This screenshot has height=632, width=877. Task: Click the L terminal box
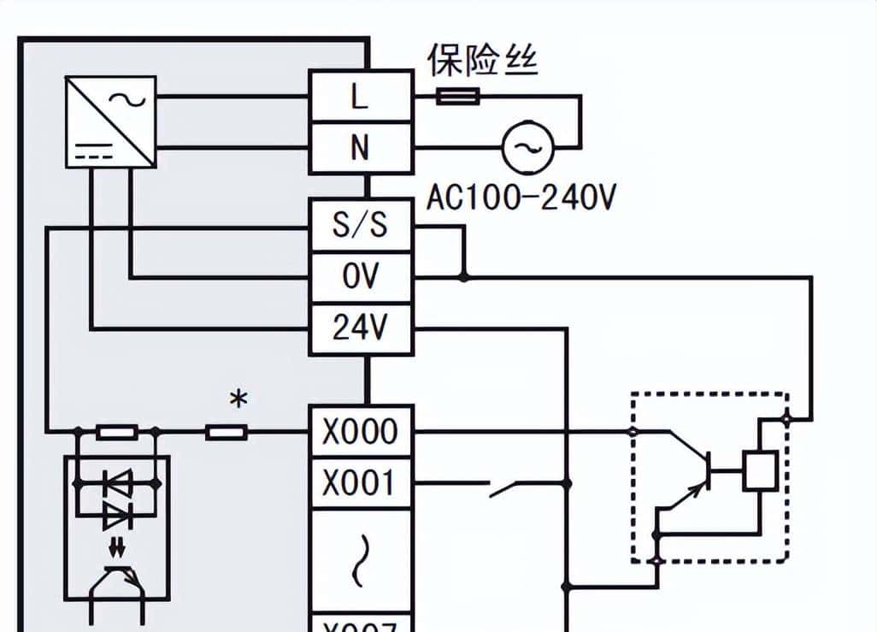coord(360,97)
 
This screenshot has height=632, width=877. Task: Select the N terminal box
coord(360,148)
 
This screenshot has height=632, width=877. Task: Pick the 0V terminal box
coord(360,277)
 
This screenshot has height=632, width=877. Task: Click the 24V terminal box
coord(360,328)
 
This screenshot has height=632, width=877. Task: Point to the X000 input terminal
coord(360,432)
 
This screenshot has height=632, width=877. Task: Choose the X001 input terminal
coord(360,483)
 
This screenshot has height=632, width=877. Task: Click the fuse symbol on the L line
coord(458,97)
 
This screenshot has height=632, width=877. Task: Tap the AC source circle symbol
coord(527,149)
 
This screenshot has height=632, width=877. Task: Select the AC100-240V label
coord(521,198)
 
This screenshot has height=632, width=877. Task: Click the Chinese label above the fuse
coord(483,60)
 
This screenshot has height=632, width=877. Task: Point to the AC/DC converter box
coord(111,121)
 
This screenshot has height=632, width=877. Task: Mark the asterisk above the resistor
coord(238,399)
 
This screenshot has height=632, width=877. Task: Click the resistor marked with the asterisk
coord(227,433)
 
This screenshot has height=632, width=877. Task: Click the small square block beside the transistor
coord(759,470)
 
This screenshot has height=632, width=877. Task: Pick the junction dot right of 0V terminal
coord(464,277)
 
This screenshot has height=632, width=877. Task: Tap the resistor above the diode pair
coord(117,433)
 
